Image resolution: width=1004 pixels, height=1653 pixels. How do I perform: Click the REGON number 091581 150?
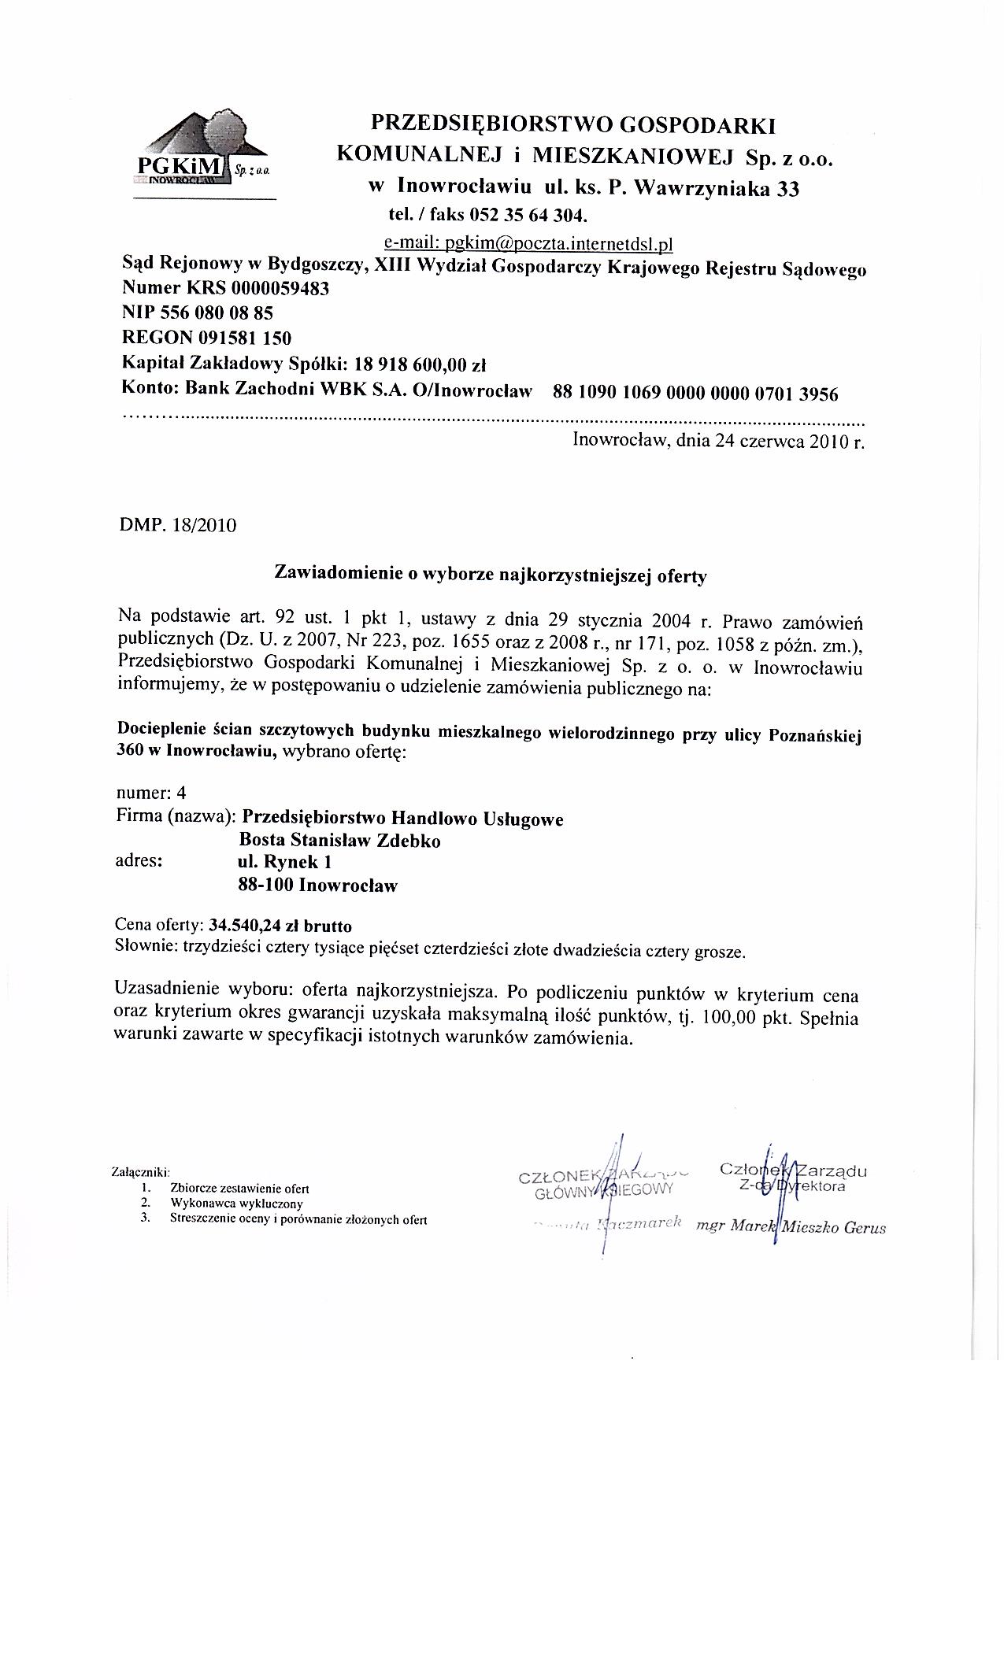tap(245, 338)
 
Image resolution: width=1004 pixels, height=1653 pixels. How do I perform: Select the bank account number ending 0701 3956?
tap(696, 393)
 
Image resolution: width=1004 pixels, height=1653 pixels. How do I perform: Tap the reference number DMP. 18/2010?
tap(176, 525)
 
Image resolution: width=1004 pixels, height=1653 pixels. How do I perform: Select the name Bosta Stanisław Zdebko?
tap(339, 841)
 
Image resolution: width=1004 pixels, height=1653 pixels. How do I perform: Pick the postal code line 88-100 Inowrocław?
tap(318, 886)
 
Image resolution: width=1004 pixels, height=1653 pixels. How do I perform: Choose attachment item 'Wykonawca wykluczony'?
tap(236, 1204)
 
